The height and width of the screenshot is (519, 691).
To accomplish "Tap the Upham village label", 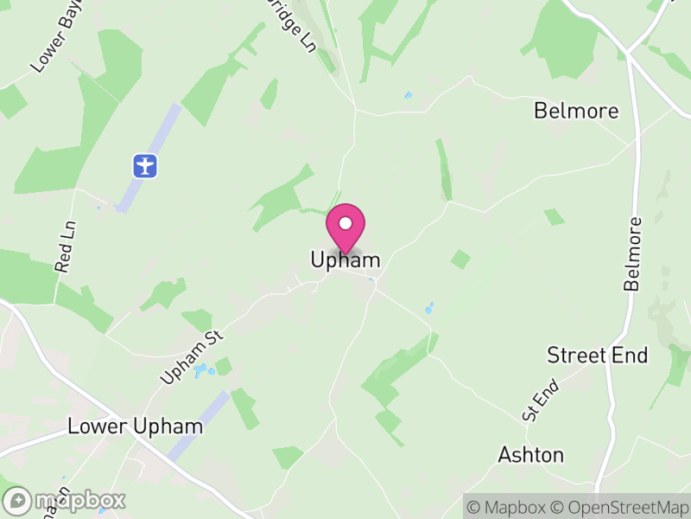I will (x=345, y=259).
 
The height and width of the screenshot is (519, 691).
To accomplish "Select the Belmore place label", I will (x=576, y=111).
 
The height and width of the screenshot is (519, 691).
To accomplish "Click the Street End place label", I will (x=598, y=356).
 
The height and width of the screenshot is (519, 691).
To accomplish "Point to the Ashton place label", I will (x=531, y=455).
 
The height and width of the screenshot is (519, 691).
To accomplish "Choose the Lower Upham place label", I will (x=136, y=426).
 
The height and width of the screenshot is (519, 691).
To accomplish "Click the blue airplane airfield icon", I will (x=145, y=164).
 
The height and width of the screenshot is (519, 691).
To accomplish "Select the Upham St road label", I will (x=191, y=357).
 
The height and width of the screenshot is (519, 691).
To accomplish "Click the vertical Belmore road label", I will (x=634, y=253).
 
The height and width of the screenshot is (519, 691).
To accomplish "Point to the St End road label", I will (x=541, y=403).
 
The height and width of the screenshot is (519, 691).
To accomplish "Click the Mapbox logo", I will (x=66, y=500).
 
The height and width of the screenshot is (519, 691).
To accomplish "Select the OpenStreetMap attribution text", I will (x=621, y=507).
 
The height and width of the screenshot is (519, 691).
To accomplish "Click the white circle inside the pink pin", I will (x=345, y=223).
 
